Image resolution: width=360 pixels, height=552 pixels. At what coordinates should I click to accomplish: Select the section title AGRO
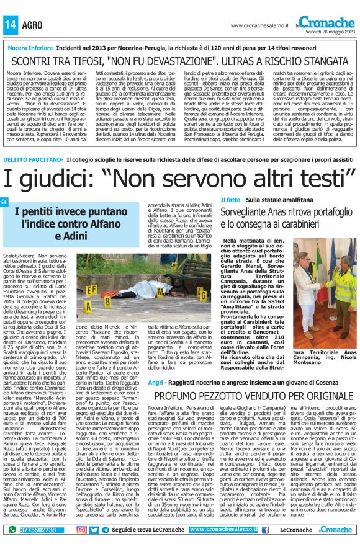coord(30,24)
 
